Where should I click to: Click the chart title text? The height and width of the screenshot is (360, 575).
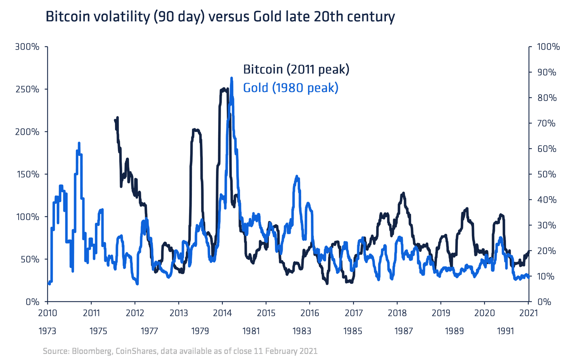click(220, 17)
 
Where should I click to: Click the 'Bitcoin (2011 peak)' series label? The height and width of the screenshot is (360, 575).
click(296, 69)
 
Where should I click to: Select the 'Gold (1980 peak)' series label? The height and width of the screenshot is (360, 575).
click(291, 88)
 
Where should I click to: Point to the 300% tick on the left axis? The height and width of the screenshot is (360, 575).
click(27, 47)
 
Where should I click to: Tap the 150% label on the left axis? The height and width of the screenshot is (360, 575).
click(27, 174)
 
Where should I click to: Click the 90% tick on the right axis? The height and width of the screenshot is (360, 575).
click(546, 72)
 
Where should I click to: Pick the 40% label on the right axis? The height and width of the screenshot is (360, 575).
click(546, 200)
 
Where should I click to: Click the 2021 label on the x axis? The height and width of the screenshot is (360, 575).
click(529, 313)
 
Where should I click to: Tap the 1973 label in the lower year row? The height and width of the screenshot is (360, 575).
click(47, 331)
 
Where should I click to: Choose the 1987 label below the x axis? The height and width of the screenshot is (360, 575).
click(404, 331)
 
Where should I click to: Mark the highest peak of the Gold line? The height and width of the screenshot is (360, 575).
click(231, 78)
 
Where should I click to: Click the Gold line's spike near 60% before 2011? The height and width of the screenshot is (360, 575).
click(79, 143)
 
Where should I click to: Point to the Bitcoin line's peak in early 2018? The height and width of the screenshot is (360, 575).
click(404, 193)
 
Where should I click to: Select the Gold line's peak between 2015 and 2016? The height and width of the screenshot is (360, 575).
click(297, 176)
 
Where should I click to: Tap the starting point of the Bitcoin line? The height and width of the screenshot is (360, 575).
click(115, 120)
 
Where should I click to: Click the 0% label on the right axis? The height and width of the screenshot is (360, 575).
click(544, 302)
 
